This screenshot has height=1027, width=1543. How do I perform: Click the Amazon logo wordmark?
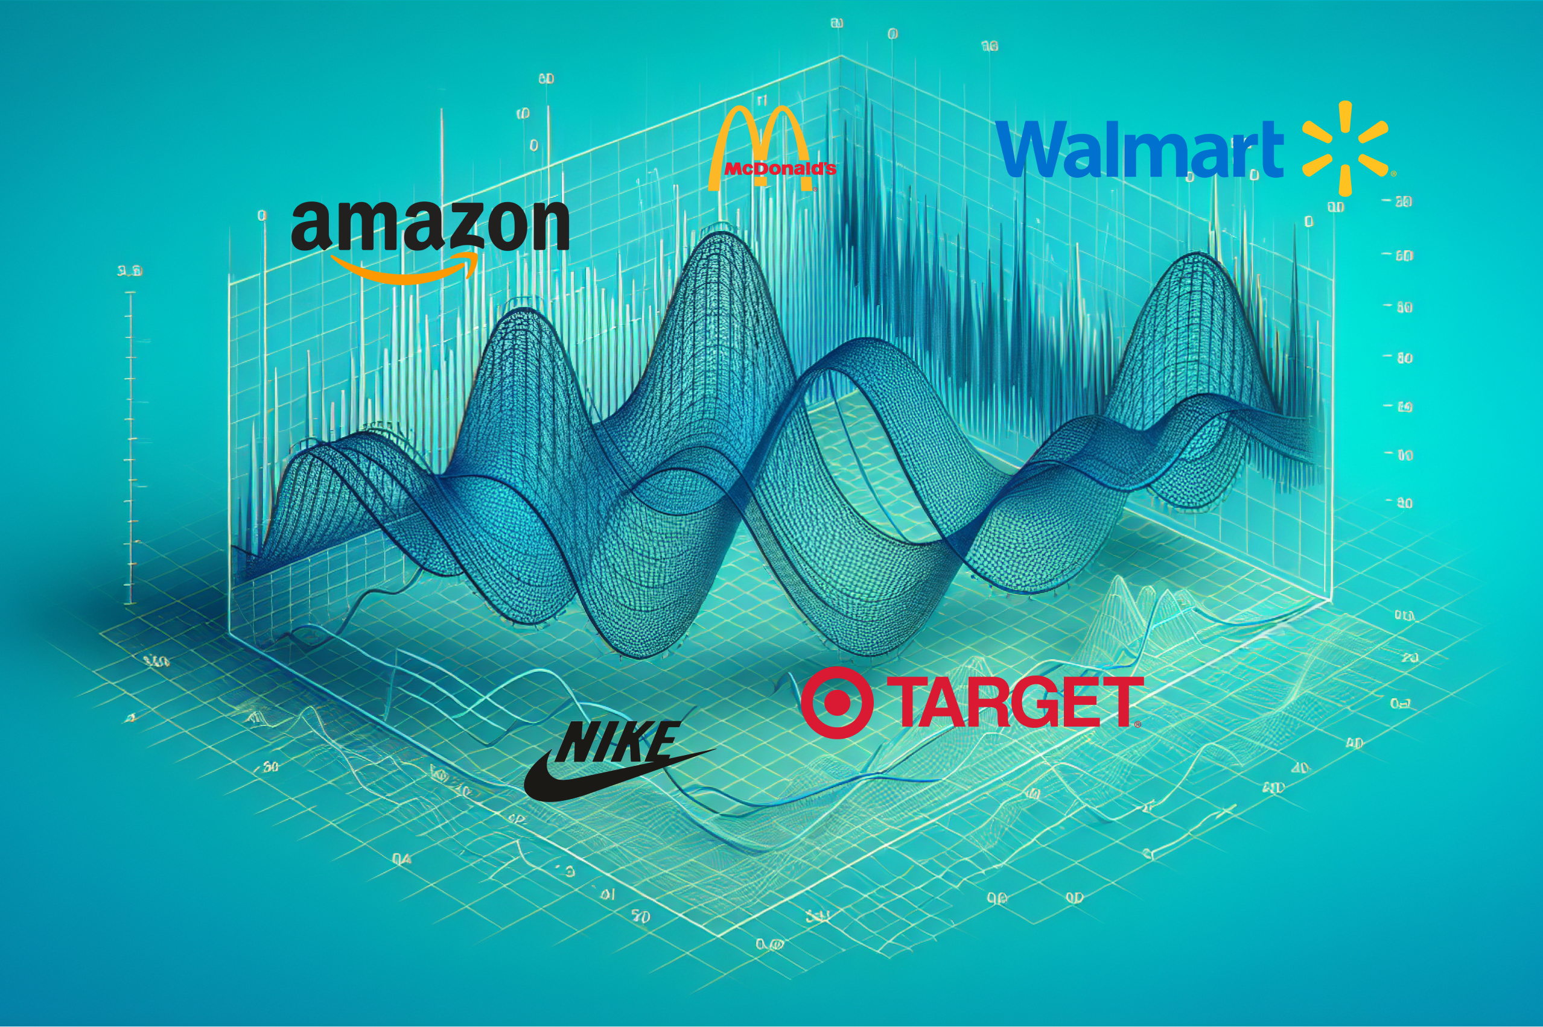[x=430, y=226]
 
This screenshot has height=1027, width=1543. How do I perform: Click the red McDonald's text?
[x=779, y=169]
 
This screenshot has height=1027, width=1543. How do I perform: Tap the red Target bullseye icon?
[x=837, y=703]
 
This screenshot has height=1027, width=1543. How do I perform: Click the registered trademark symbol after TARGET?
[x=1137, y=724]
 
